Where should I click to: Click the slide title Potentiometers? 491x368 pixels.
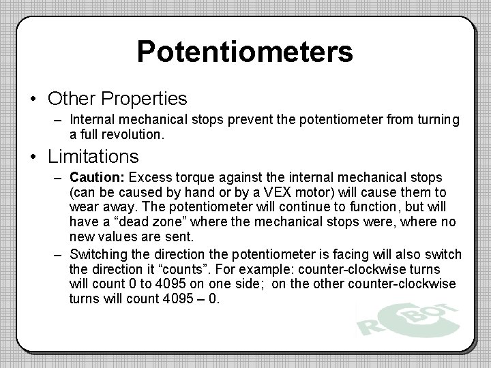point(245,52)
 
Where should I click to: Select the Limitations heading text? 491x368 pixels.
point(93,156)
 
